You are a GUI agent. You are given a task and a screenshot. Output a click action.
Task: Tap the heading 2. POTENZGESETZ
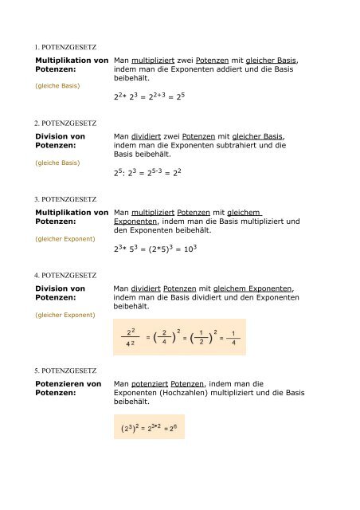coord(65,124)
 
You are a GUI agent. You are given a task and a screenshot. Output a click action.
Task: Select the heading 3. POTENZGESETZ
coord(65,198)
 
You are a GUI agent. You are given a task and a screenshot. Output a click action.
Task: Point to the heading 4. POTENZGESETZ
coord(65,275)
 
